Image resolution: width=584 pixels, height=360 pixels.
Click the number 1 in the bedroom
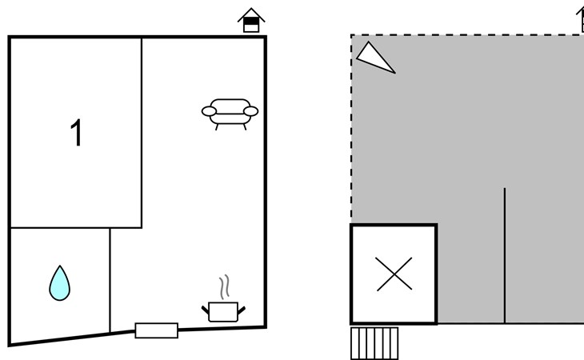pos(76,133)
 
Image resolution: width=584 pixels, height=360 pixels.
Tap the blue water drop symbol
pos(59,283)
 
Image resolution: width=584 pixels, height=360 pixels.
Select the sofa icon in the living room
pos(230,114)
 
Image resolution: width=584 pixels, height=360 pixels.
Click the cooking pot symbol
pos(223,312)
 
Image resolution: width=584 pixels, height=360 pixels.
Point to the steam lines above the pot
pos(224,287)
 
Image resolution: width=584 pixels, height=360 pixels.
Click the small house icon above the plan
pos(251,20)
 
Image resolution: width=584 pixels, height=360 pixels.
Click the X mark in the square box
pos(394,274)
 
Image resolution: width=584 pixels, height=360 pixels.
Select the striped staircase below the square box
pos(374,343)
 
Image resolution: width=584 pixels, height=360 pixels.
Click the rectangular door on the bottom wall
pos(157,330)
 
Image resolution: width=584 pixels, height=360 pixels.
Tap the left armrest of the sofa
pos(209,111)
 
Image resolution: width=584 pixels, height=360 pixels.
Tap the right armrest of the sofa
pos(250,111)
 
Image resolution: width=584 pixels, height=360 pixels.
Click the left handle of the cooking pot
pos(206,310)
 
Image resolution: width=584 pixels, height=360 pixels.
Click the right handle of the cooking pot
pos(242,310)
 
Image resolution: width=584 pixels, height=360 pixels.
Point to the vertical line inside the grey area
pos(505,255)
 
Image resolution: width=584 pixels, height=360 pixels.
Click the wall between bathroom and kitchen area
pos(110,280)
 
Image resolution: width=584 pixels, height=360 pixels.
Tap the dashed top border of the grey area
pos(467,35)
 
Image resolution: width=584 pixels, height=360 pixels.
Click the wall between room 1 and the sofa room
pos(142,133)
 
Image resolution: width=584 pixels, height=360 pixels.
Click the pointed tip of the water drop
pos(60,266)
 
